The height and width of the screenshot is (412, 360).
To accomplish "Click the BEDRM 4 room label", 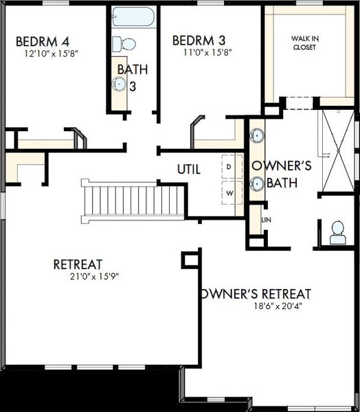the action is coord(43,41).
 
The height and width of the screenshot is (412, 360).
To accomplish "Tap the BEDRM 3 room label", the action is coord(199,41).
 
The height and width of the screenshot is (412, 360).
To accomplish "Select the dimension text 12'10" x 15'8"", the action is coord(52,54).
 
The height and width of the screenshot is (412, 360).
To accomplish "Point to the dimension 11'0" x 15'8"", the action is coord(207,53).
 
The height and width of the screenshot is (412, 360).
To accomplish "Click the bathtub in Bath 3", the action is coord(133,16).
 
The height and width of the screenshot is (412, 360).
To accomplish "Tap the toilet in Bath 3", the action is coord(124,44).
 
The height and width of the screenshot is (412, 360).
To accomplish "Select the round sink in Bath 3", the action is coord(119,84).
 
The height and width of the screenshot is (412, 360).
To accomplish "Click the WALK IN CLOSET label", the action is coord(305,43).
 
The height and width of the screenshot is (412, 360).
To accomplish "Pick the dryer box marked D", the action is coord(232,166).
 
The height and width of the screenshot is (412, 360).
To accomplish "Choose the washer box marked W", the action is coord(232,193).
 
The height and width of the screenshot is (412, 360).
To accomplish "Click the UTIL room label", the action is coord(189,170).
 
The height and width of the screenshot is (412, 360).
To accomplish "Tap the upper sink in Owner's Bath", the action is coord(257,135).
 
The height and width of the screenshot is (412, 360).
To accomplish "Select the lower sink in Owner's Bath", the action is coord(257,183).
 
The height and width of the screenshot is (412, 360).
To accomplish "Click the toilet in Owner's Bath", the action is coord(337,233).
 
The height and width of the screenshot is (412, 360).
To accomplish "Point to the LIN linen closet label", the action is coord(266,220).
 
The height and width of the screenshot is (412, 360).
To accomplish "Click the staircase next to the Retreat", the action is coord(133,201).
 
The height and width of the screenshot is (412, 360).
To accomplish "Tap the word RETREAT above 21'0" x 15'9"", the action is coord(78,264).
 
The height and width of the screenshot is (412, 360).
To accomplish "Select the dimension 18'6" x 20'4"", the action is coord(278,306).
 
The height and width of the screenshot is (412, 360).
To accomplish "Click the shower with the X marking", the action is coord(338,151).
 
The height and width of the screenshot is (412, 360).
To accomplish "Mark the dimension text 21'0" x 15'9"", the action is coord(95,277).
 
